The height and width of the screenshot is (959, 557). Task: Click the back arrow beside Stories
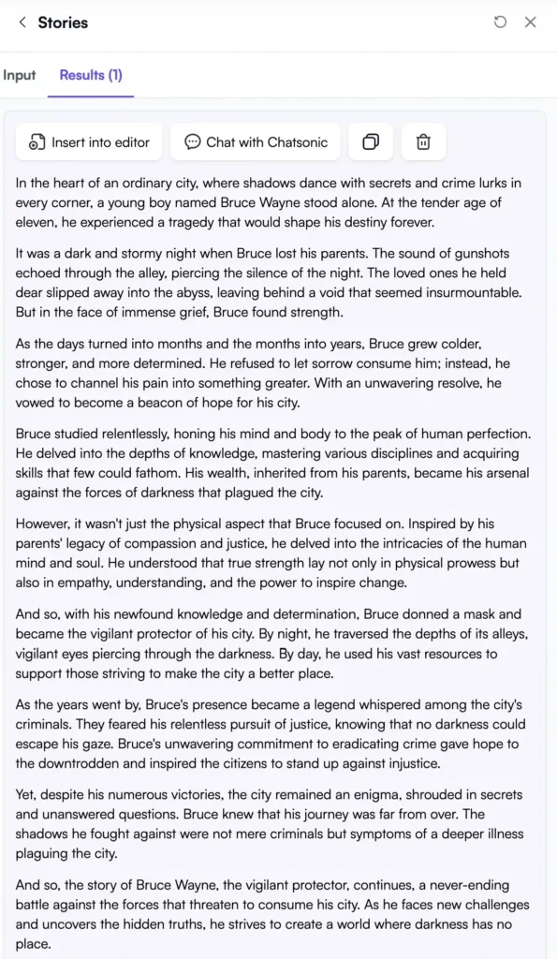point(22,22)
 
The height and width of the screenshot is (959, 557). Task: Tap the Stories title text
point(63,22)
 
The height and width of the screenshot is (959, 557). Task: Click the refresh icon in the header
point(500,22)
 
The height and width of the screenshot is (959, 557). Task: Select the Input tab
point(19,75)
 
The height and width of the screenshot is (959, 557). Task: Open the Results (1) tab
point(91,75)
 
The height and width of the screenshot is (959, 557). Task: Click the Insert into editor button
point(89,142)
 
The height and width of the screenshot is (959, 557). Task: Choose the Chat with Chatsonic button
point(257,142)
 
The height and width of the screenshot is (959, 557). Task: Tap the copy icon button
point(371,142)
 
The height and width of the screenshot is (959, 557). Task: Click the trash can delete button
point(423,142)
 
